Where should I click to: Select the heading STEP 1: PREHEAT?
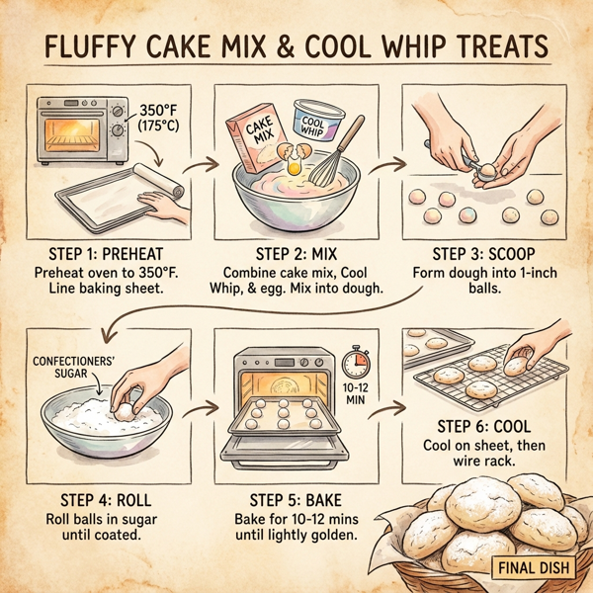(106, 251)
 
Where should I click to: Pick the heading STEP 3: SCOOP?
(483, 251)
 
